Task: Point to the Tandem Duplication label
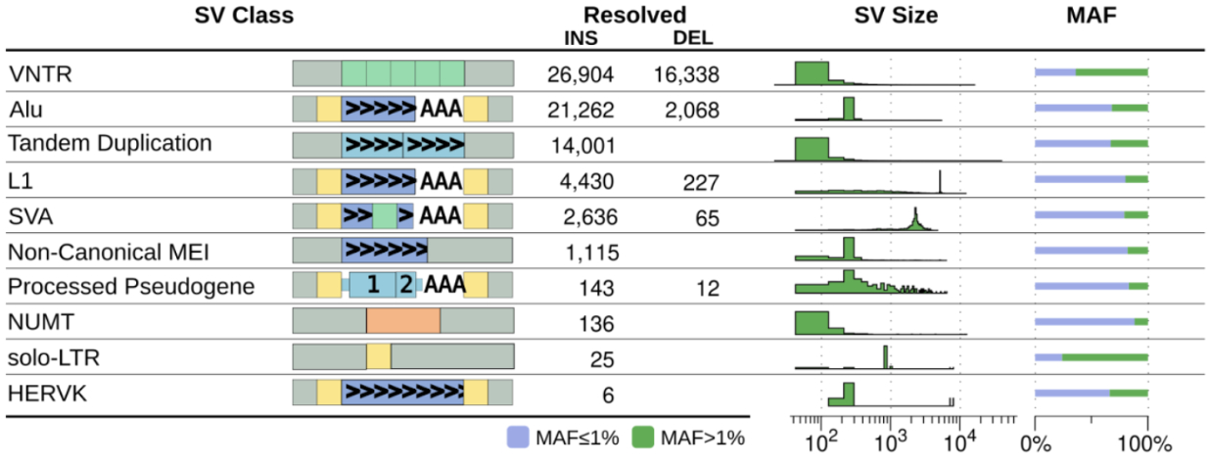click(110, 143)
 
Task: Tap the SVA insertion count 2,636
click(586, 217)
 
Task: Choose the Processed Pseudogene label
click(130, 287)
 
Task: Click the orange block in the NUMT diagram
click(402, 321)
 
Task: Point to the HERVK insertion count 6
click(607, 394)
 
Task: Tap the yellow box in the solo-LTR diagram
click(379, 356)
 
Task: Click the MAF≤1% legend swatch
click(520, 438)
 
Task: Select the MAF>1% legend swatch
click(644, 438)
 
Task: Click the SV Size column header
click(895, 16)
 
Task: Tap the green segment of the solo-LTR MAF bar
click(1104, 356)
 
